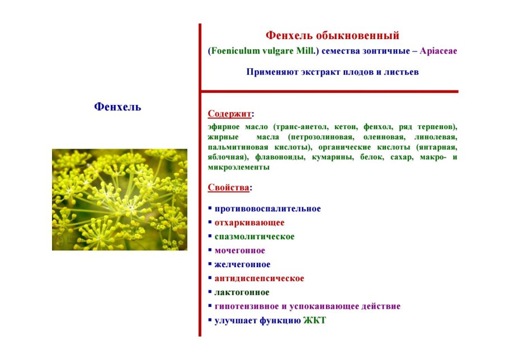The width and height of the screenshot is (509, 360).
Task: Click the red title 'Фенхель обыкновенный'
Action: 332,35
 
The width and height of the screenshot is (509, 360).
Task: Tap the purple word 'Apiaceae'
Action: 438,51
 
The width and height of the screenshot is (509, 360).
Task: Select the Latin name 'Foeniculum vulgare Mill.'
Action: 263,51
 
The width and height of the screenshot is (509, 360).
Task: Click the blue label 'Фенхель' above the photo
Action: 117,106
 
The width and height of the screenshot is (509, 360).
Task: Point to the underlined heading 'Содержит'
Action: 229,113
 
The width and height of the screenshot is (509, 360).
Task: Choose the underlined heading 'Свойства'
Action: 229,187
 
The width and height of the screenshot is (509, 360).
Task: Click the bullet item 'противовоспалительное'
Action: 267,209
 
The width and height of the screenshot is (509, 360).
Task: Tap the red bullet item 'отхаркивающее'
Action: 249,222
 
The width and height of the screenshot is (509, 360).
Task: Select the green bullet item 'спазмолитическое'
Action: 254,236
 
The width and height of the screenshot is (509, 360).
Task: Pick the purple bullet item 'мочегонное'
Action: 239,250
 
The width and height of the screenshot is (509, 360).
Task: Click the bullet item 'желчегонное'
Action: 242,264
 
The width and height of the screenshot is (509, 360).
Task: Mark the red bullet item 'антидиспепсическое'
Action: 260,278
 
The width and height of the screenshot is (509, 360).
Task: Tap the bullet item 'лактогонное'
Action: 242,292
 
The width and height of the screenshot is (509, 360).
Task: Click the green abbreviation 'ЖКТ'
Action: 314,320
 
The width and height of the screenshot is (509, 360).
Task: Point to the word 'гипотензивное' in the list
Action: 246,306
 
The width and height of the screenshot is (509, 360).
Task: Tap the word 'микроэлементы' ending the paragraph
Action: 239,167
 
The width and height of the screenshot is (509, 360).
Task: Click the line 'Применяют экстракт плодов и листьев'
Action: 332,72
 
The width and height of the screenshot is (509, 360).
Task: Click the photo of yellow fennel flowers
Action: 120,200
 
